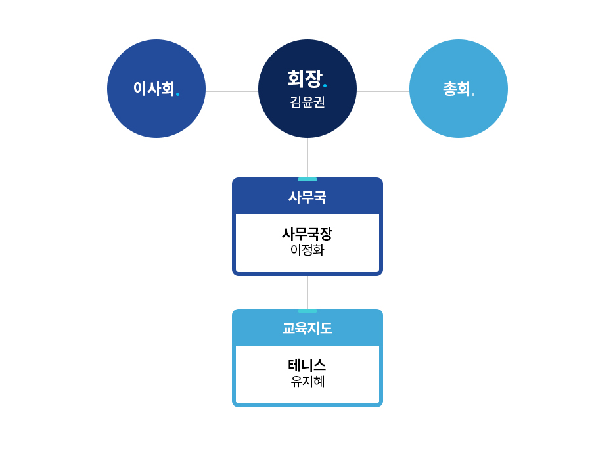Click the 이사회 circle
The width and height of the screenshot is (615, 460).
tap(156, 89)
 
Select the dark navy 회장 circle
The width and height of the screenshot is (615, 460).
tap(307, 89)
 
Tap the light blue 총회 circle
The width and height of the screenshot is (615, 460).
tap(459, 89)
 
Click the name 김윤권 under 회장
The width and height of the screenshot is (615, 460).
tap(307, 103)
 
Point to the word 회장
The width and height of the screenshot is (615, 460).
tap(305, 78)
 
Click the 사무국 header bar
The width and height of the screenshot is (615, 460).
tap(307, 196)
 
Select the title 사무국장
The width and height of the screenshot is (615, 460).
tap(307, 234)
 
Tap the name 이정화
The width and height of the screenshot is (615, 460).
tap(307, 250)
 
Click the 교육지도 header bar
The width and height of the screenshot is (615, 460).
tap(307, 327)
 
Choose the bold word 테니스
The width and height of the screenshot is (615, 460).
tap(307, 365)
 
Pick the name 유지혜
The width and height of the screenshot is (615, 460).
tap(307, 382)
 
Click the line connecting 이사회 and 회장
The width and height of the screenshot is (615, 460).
tap(232, 92)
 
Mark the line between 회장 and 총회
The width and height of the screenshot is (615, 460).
tap(383, 92)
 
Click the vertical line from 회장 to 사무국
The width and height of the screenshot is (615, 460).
tap(308, 158)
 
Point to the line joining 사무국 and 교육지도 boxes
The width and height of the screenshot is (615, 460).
tap(308, 292)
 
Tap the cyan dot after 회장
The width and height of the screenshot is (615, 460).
tap(325, 86)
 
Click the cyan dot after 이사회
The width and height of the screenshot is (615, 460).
tap(177, 94)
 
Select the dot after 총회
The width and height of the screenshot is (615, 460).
tap(473, 95)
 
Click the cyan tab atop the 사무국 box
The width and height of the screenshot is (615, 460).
tap(307, 179)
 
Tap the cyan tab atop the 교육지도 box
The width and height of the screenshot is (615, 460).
tap(307, 311)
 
